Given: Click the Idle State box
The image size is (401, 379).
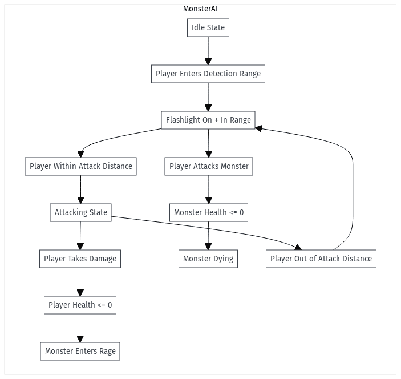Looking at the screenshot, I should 208,28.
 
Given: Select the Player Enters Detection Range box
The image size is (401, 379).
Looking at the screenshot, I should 208,74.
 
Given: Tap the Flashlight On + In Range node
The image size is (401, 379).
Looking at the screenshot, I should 208,120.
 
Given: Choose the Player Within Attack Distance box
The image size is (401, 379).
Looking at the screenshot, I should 81,167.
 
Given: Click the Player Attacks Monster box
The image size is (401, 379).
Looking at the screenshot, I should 209,167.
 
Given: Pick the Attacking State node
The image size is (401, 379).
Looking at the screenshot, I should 81,213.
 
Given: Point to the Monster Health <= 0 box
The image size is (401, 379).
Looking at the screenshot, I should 209,213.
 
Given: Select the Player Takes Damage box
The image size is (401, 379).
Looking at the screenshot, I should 80,259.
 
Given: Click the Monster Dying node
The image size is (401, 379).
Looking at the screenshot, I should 208,259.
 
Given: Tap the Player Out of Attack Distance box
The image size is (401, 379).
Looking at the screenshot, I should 321,259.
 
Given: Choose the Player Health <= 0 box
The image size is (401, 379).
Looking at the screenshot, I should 80,305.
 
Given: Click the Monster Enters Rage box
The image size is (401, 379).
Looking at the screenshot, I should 80,351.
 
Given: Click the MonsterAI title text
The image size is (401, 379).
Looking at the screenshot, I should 200,9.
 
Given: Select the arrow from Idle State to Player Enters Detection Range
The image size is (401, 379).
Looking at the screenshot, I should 208,51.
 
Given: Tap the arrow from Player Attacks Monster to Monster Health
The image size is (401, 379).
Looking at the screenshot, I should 209,189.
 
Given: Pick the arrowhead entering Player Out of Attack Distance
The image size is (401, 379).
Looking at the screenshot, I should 298,247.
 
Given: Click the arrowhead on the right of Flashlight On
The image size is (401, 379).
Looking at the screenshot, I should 258,128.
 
